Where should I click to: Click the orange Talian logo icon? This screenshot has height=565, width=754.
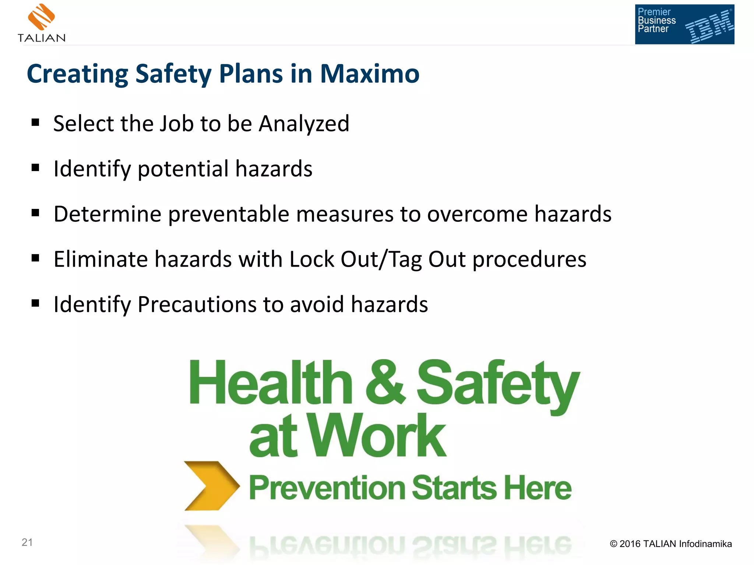42,17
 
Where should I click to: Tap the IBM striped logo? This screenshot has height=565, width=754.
709,26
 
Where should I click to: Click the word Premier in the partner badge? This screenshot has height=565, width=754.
654,12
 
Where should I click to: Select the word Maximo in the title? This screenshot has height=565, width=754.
370,74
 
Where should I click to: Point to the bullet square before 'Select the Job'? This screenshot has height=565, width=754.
35,122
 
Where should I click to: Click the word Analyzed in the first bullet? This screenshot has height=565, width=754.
304,124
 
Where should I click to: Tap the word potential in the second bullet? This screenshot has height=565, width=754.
183,169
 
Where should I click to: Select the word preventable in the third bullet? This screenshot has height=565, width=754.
229,214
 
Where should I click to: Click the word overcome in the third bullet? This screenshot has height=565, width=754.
477,214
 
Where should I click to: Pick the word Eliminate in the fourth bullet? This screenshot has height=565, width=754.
101,259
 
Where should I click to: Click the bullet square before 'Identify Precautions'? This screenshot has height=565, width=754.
35,303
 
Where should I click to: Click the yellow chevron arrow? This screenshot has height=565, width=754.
211,486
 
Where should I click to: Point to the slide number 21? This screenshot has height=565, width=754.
27,542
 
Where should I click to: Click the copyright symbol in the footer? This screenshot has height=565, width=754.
613,544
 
